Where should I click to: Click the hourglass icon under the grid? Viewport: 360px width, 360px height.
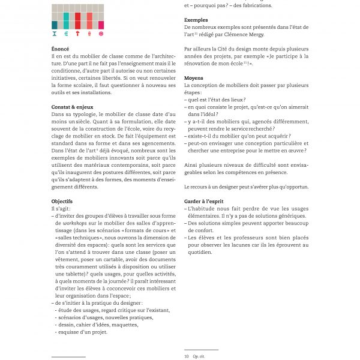click(55, 34)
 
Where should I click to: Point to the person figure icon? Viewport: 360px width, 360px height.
click(90, 34)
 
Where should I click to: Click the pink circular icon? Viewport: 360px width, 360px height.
click(101, 34)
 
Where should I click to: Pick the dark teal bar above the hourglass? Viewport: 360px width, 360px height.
click(55, 25)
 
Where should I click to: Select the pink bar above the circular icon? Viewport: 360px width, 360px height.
click(101, 25)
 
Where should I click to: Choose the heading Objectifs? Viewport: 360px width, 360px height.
click(62, 201)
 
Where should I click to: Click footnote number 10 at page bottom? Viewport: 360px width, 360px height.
click(187, 356)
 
